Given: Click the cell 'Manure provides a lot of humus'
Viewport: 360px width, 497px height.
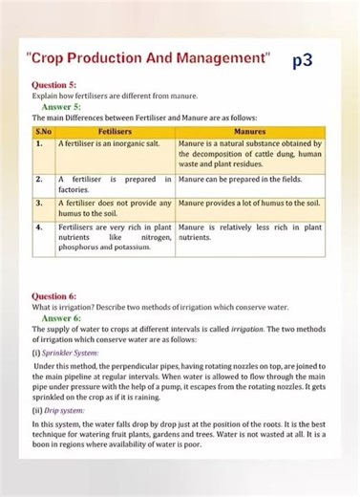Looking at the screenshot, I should (x=249, y=204).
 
